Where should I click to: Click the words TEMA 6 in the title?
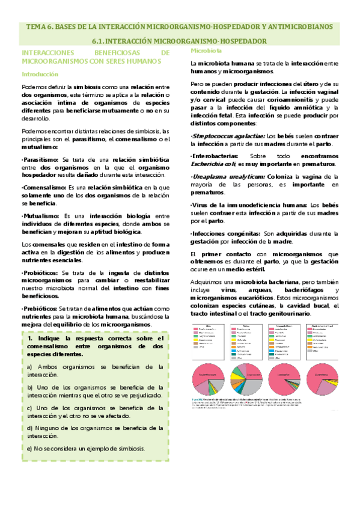point(38,27)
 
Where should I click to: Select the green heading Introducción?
point(40,75)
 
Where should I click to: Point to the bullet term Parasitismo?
point(41,158)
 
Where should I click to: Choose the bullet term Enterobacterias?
point(216,155)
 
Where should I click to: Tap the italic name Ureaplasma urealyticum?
point(227,177)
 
